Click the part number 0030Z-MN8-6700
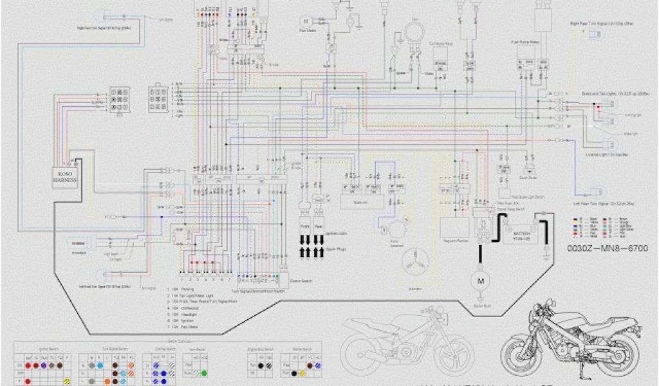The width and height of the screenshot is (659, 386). pyautogui.click(x=607, y=248)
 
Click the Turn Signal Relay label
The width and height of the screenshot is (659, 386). pyautogui.click(x=441, y=43)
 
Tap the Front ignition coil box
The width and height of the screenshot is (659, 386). pyautogui.click(x=305, y=228)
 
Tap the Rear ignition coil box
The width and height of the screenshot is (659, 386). pyautogui.click(x=320, y=228)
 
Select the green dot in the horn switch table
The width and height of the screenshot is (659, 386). pyautogui.click(x=203, y=372)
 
